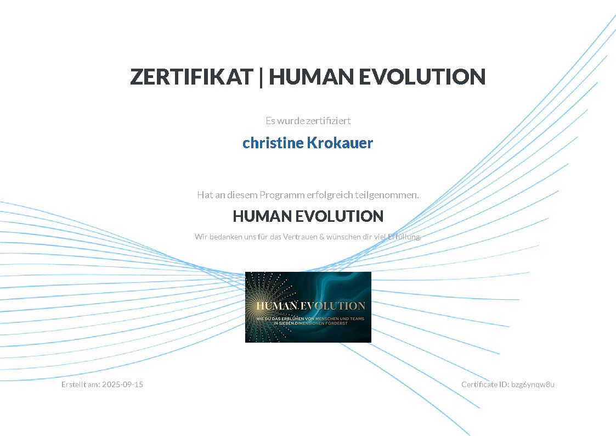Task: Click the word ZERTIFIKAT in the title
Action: [x=192, y=77]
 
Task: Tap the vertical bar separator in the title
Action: [x=261, y=77]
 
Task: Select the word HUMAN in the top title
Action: [x=311, y=77]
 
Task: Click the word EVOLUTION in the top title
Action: [x=422, y=77]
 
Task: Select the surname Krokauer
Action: [x=340, y=143]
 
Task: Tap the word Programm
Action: [x=282, y=195]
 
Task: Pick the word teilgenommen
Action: [x=387, y=195]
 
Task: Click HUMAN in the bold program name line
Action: [x=262, y=216]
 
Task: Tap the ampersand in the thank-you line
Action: [x=322, y=237]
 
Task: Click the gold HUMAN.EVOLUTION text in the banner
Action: [x=311, y=305]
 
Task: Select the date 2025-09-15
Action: [x=122, y=384]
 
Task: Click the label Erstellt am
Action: [x=81, y=384]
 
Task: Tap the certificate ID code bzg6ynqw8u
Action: [x=533, y=384]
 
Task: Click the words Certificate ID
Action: [x=485, y=384]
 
